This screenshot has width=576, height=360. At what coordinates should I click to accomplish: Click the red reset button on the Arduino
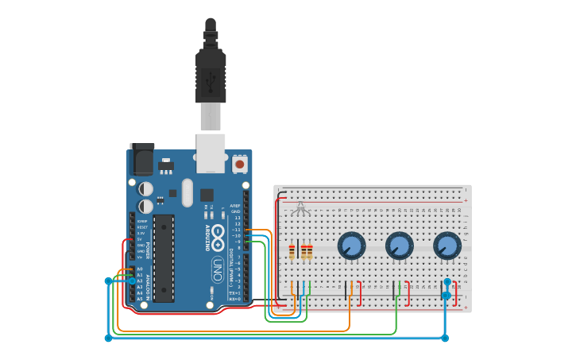pos(239,165)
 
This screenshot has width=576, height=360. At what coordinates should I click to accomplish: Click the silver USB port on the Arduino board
pos(211,153)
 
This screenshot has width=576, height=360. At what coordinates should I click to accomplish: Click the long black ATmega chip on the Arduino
pos(164,257)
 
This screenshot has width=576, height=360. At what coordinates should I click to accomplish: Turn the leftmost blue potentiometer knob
pos(351,246)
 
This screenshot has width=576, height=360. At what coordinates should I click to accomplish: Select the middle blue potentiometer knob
pos(399,246)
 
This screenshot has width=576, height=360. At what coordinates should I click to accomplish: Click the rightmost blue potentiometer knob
pos(447,246)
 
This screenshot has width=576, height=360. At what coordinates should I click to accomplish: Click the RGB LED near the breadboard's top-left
pos(300,209)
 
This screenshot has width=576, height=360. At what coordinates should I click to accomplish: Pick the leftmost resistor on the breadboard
pos(292,252)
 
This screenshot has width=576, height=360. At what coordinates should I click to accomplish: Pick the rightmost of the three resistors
pos(309,252)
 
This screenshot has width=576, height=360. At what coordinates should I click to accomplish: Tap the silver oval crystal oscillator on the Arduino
pos(187,192)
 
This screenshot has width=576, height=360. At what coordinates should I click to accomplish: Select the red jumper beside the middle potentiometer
pos(408,292)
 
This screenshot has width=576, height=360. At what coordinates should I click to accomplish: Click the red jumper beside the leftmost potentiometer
pos(360,292)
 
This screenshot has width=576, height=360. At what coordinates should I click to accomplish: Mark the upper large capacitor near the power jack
pos(145,188)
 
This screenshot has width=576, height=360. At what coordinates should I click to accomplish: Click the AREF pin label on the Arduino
pos(235,205)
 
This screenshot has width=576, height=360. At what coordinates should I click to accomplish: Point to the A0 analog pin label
pos(140,269)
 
